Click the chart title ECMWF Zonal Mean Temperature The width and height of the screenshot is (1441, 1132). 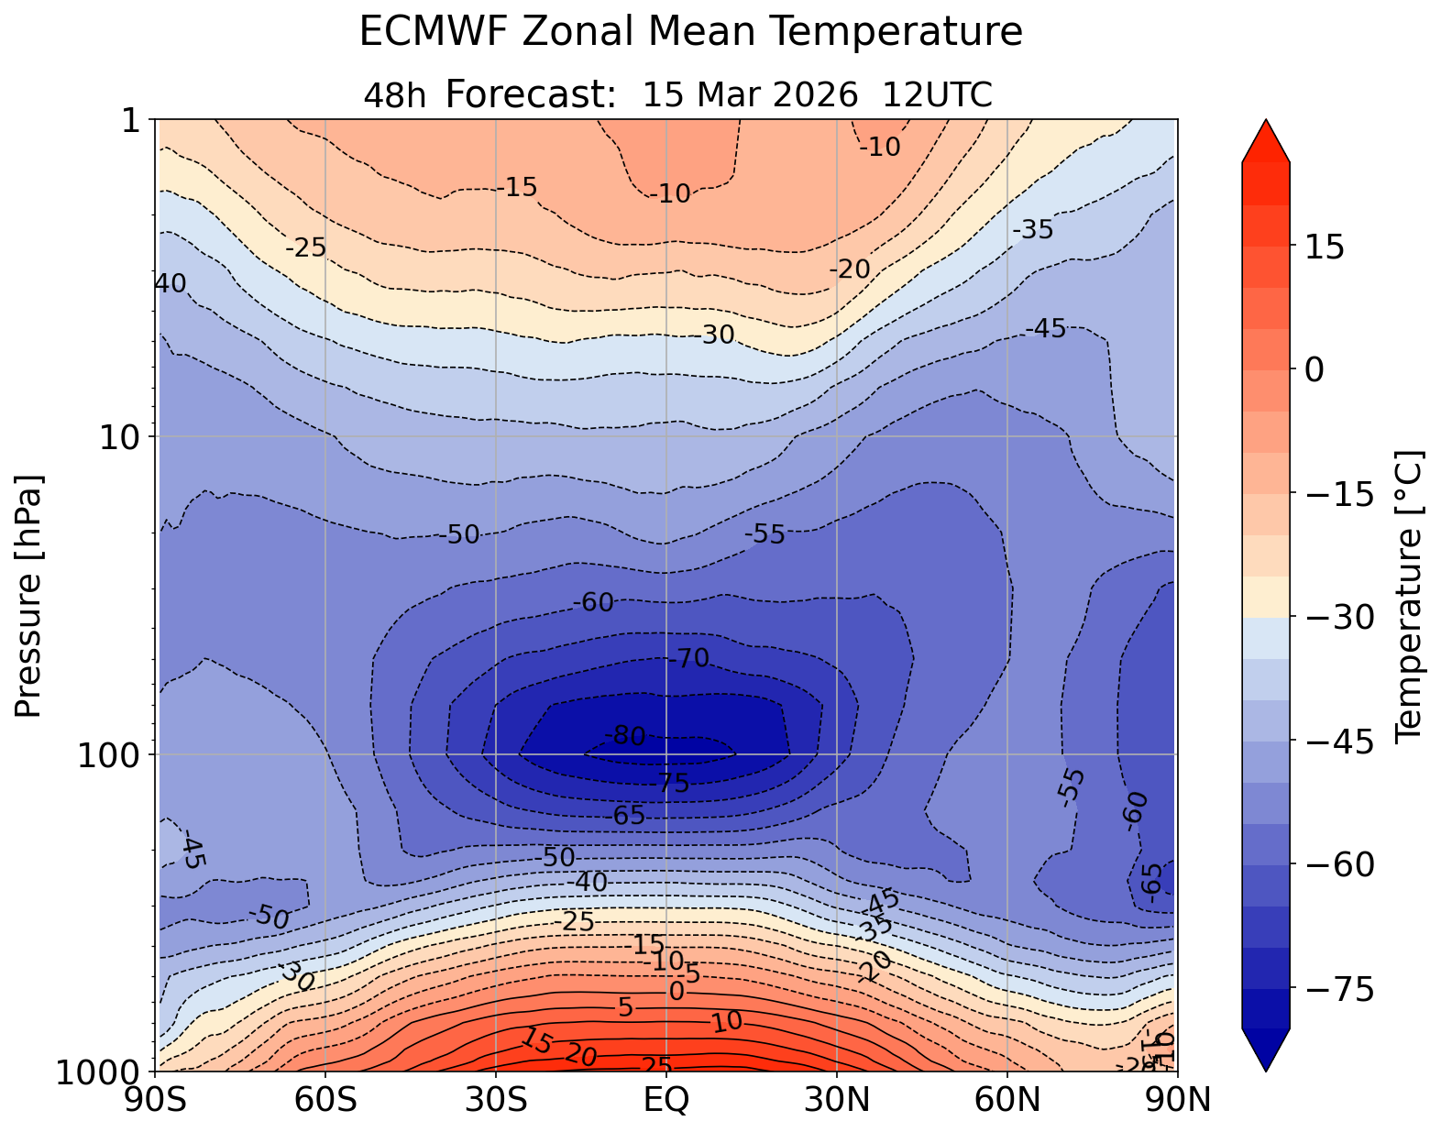click(x=690, y=32)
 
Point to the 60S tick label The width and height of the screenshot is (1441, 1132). click(x=326, y=1099)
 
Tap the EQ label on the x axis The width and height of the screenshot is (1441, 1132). click(x=666, y=1099)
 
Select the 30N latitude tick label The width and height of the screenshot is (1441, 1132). click(x=837, y=1099)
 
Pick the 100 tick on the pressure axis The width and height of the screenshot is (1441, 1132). click(x=110, y=754)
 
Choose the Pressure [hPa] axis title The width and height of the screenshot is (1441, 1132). click(x=28, y=596)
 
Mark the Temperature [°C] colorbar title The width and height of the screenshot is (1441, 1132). click(x=1407, y=596)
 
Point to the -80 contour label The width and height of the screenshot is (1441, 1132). click(x=625, y=735)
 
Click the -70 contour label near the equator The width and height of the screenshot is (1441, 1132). click(x=688, y=658)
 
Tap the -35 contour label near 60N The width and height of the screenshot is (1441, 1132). click(x=1033, y=230)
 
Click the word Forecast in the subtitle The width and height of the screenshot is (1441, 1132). click(x=530, y=94)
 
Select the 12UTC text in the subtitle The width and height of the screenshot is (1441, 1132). click(x=938, y=94)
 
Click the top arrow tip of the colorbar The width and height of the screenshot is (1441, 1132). click(x=1266, y=121)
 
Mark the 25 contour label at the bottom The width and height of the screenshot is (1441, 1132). click(x=655, y=1065)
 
